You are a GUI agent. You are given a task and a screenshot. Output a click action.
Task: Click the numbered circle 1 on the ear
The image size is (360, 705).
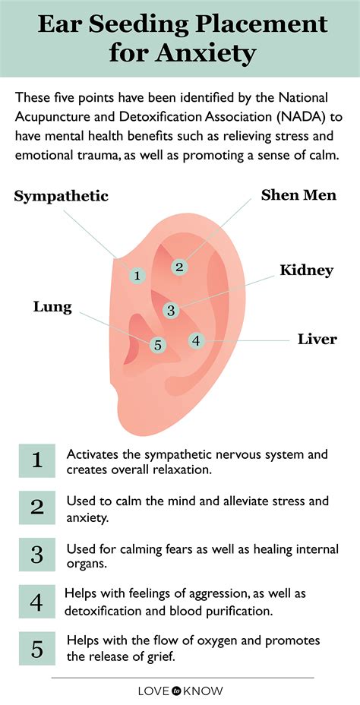[137, 275]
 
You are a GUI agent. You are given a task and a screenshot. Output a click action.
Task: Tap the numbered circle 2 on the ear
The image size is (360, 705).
[179, 267]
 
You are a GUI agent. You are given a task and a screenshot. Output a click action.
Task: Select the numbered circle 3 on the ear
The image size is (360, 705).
[171, 310]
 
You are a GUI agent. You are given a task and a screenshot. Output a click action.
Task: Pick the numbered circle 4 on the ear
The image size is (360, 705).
[196, 340]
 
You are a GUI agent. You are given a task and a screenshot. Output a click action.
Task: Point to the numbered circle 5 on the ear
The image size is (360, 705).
[157, 345]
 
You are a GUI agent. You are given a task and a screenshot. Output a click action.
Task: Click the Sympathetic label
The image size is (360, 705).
[61, 197]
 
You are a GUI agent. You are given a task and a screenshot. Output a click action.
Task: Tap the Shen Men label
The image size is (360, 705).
[298, 194]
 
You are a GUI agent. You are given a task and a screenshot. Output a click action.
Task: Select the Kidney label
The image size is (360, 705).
[307, 270]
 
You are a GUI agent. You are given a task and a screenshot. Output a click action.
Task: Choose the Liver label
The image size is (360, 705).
[317, 339]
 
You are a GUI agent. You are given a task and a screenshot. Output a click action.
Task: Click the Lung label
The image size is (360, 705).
[52, 308]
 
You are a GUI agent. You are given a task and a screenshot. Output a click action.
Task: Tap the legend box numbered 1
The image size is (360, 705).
[37, 460]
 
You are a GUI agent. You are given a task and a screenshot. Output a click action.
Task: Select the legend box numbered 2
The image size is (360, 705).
[37, 507]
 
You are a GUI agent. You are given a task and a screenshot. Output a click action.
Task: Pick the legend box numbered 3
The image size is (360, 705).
[37, 555]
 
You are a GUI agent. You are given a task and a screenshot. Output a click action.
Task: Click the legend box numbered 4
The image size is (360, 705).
[37, 602]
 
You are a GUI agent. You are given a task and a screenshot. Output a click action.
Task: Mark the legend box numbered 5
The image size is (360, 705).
[37, 648]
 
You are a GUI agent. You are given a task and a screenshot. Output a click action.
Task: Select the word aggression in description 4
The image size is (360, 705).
[214, 594]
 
